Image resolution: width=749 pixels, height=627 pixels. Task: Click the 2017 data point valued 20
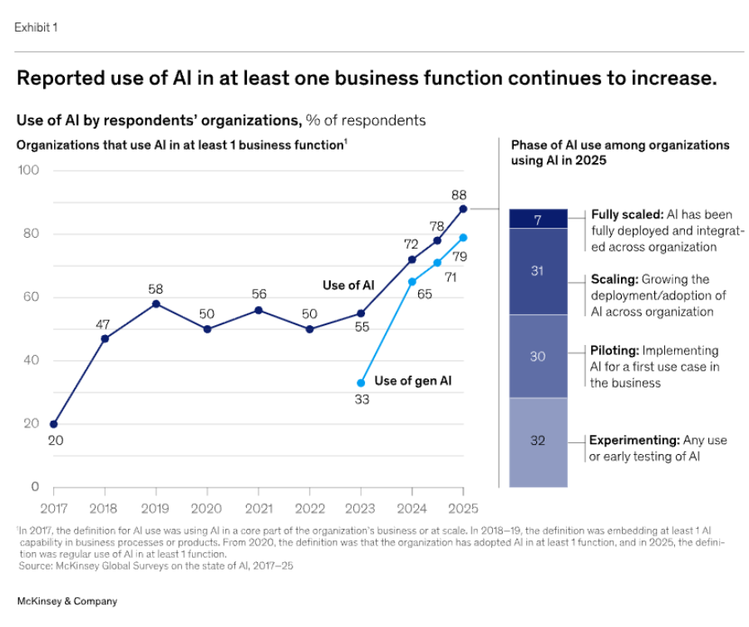click(x=54, y=424)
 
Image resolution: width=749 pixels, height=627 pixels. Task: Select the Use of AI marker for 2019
click(x=155, y=304)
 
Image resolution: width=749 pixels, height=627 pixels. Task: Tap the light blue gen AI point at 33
click(x=360, y=383)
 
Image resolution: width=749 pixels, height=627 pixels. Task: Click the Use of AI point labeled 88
click(x=462, y=209)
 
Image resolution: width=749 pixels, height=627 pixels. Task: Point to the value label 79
click(x=460, y=256)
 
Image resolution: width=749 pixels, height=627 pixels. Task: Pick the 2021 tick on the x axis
click(x=258, y=506)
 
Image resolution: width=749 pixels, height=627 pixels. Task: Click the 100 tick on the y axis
click(x=28, y=170)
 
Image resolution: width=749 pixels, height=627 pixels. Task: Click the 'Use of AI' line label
click(x=348, y=285)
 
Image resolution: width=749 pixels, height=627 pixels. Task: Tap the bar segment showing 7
click(x=538, y=219)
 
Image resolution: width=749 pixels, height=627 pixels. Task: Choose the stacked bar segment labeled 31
click(x=538, y=271)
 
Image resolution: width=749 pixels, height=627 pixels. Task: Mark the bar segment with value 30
click(x=538, y=356)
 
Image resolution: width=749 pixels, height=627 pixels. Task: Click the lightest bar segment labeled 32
click(x=538, y=441)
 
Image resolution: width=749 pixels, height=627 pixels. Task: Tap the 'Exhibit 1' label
click(x=36, y=27)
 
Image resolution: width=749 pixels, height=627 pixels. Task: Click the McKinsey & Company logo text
click(x=67, y=600)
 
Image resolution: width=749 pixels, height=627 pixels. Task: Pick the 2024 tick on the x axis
click(x=411, y=506)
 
